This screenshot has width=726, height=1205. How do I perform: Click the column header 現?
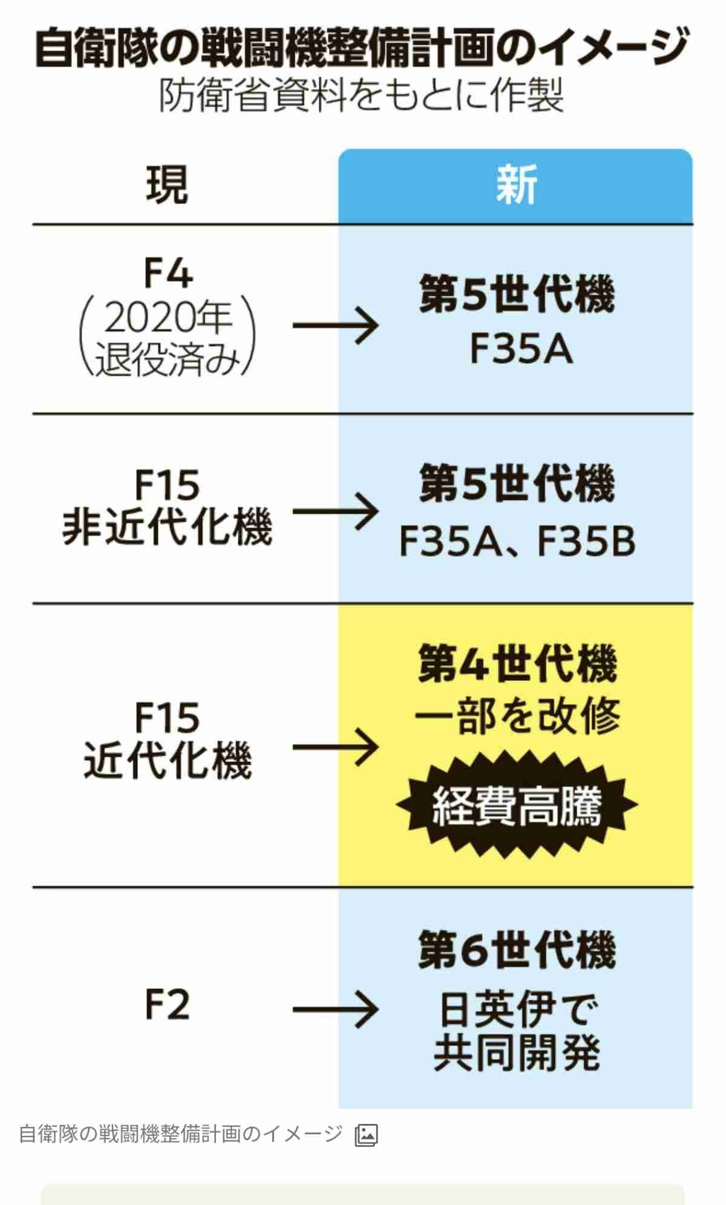click(167, 186)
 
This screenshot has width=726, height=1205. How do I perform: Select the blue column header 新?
click(515, 186)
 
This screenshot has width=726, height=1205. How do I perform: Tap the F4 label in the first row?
click(168, 274)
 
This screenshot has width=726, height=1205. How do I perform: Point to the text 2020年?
click(168, 319)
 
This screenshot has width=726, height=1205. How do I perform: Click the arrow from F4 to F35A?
click(336, 326)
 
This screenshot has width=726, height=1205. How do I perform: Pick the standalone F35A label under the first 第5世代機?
click(521, 350)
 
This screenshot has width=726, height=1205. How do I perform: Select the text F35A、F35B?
click(517, 541)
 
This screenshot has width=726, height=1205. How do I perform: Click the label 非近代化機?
click(168, 527)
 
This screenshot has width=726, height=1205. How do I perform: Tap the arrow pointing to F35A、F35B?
click(336, 512)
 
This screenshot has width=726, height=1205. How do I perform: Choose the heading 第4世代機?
click(517, 664)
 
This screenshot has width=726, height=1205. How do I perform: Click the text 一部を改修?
click(517, 715)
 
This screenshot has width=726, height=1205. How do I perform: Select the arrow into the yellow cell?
click(336, 747)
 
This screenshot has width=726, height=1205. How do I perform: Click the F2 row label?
click(168, 1005)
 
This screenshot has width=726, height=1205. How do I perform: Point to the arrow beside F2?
click(336, 1009)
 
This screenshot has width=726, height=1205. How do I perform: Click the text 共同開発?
click(517, 1053)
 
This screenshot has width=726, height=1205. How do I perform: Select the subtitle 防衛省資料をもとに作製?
click(362, 96)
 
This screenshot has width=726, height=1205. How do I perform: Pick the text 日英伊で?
click(517, 1009)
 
